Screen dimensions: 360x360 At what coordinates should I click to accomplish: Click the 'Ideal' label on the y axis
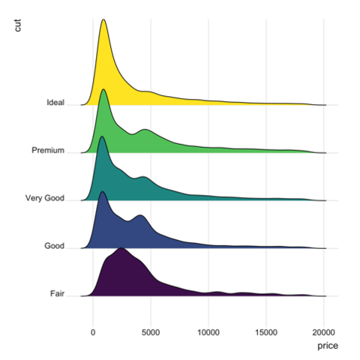(x=55, y=103)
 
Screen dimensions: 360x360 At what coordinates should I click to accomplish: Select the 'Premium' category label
(x=48, y=150)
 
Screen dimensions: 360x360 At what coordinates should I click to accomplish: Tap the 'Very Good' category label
(x=45, y=198)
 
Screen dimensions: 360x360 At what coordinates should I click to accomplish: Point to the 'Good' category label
(x=54, y=246)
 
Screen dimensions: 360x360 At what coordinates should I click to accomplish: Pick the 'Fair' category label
(x=57, y=293)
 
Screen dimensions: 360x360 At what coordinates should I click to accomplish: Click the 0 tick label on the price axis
(x=93, y=332)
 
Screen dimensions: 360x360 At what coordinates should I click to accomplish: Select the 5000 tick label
(x=151, y=332)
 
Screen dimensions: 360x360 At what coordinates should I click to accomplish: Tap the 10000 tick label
(x=208, y=332)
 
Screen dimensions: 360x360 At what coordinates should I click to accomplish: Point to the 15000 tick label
(x=266, y=332)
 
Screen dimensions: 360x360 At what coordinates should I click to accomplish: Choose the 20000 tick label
(x=324, y=332)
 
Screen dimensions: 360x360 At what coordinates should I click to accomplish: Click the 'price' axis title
(x=328, y=346)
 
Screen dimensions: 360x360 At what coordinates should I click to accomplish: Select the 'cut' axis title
(x=17, y=25)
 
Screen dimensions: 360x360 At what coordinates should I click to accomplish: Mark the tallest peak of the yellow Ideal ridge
(x=103, y=19)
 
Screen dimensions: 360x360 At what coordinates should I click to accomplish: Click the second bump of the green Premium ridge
(x=145, y=130)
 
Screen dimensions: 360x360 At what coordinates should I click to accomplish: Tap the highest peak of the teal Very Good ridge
(x=101, y=136)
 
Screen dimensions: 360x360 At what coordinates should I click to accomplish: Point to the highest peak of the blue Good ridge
(x=102, y=191)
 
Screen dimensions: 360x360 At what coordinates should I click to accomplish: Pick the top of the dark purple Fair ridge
(x=121, y=248)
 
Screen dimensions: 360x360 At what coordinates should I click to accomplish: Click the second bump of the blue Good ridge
(x=140, y=215)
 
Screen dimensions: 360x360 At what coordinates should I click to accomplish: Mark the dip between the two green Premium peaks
(x=132, y=134)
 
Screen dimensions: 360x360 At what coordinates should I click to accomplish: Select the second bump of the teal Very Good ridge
(x=143, y=177)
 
